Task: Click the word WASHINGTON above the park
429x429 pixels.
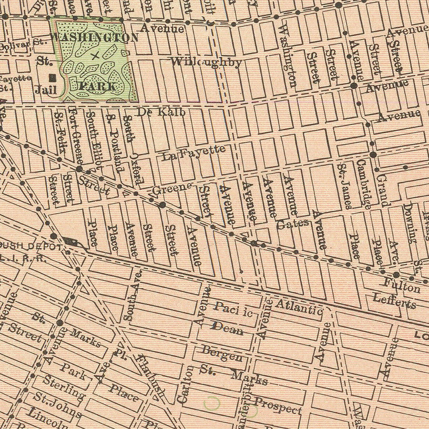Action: (x=94, y=37)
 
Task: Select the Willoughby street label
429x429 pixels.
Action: (x=206, y=62)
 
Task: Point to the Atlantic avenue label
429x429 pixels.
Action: (x=299, y=306)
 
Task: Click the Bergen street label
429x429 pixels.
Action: (x=222, y=354)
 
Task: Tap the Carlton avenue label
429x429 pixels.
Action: (x=186, y=385)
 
